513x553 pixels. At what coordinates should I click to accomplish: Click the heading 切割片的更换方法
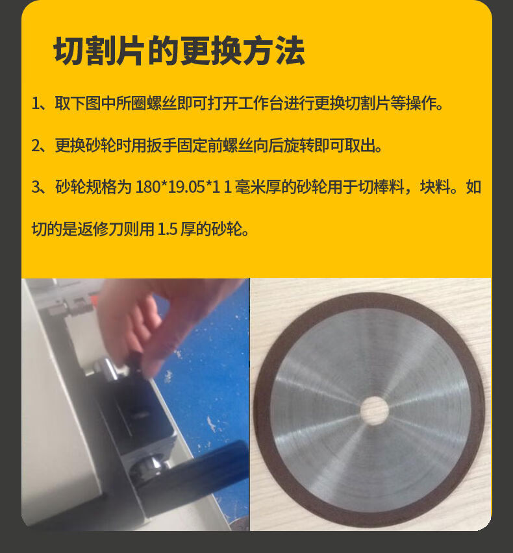[x=179, y=51]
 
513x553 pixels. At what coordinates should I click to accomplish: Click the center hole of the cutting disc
[x=374, y=410]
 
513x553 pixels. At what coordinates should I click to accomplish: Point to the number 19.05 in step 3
[x=187, y=187]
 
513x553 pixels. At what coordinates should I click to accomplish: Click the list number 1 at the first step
[x=35, y=104]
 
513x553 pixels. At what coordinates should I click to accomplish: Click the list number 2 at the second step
[x=36, y=145]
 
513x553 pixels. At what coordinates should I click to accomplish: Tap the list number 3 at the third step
[x=36, y=187]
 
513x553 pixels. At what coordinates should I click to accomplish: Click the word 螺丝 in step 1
[x=162, y=104]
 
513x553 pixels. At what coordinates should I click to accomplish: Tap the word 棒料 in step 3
[x=389, y=187]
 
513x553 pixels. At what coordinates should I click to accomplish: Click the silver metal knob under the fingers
[x=113, y=369]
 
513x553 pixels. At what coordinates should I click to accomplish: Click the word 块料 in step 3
[x=435, y=187]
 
